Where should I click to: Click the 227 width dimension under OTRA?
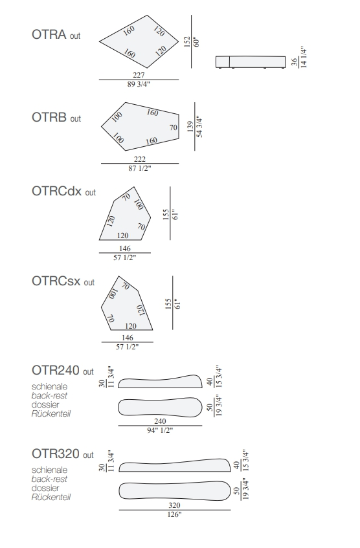(139, 75)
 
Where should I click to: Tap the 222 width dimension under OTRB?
(140, 159)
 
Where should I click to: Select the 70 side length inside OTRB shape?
(174, 127)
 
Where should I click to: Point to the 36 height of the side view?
(295, 62)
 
